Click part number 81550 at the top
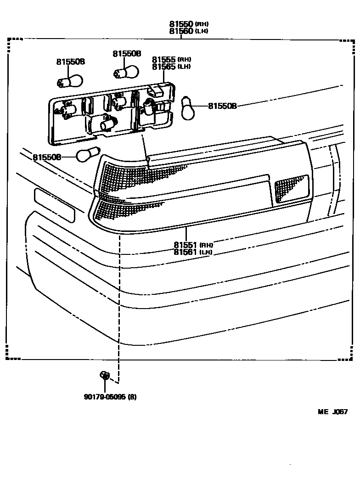[181, 23]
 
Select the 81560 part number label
[181, 31]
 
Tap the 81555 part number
[163, 59]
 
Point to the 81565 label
[163, 67]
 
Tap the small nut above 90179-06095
[104, 376]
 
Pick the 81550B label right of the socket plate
[222, 106]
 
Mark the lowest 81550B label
[47, 157]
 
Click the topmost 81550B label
[127, 54]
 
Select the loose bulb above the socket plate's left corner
[70, 82]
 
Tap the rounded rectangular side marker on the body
[54, 205]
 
